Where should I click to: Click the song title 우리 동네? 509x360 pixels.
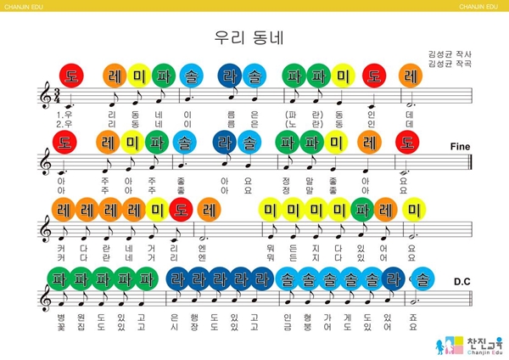[254, 38]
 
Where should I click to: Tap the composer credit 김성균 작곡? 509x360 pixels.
[450, 64]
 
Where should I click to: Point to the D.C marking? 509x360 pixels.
[463, 281]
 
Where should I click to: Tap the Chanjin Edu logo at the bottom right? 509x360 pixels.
[467, 343]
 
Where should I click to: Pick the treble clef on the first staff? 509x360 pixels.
[46, 98]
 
